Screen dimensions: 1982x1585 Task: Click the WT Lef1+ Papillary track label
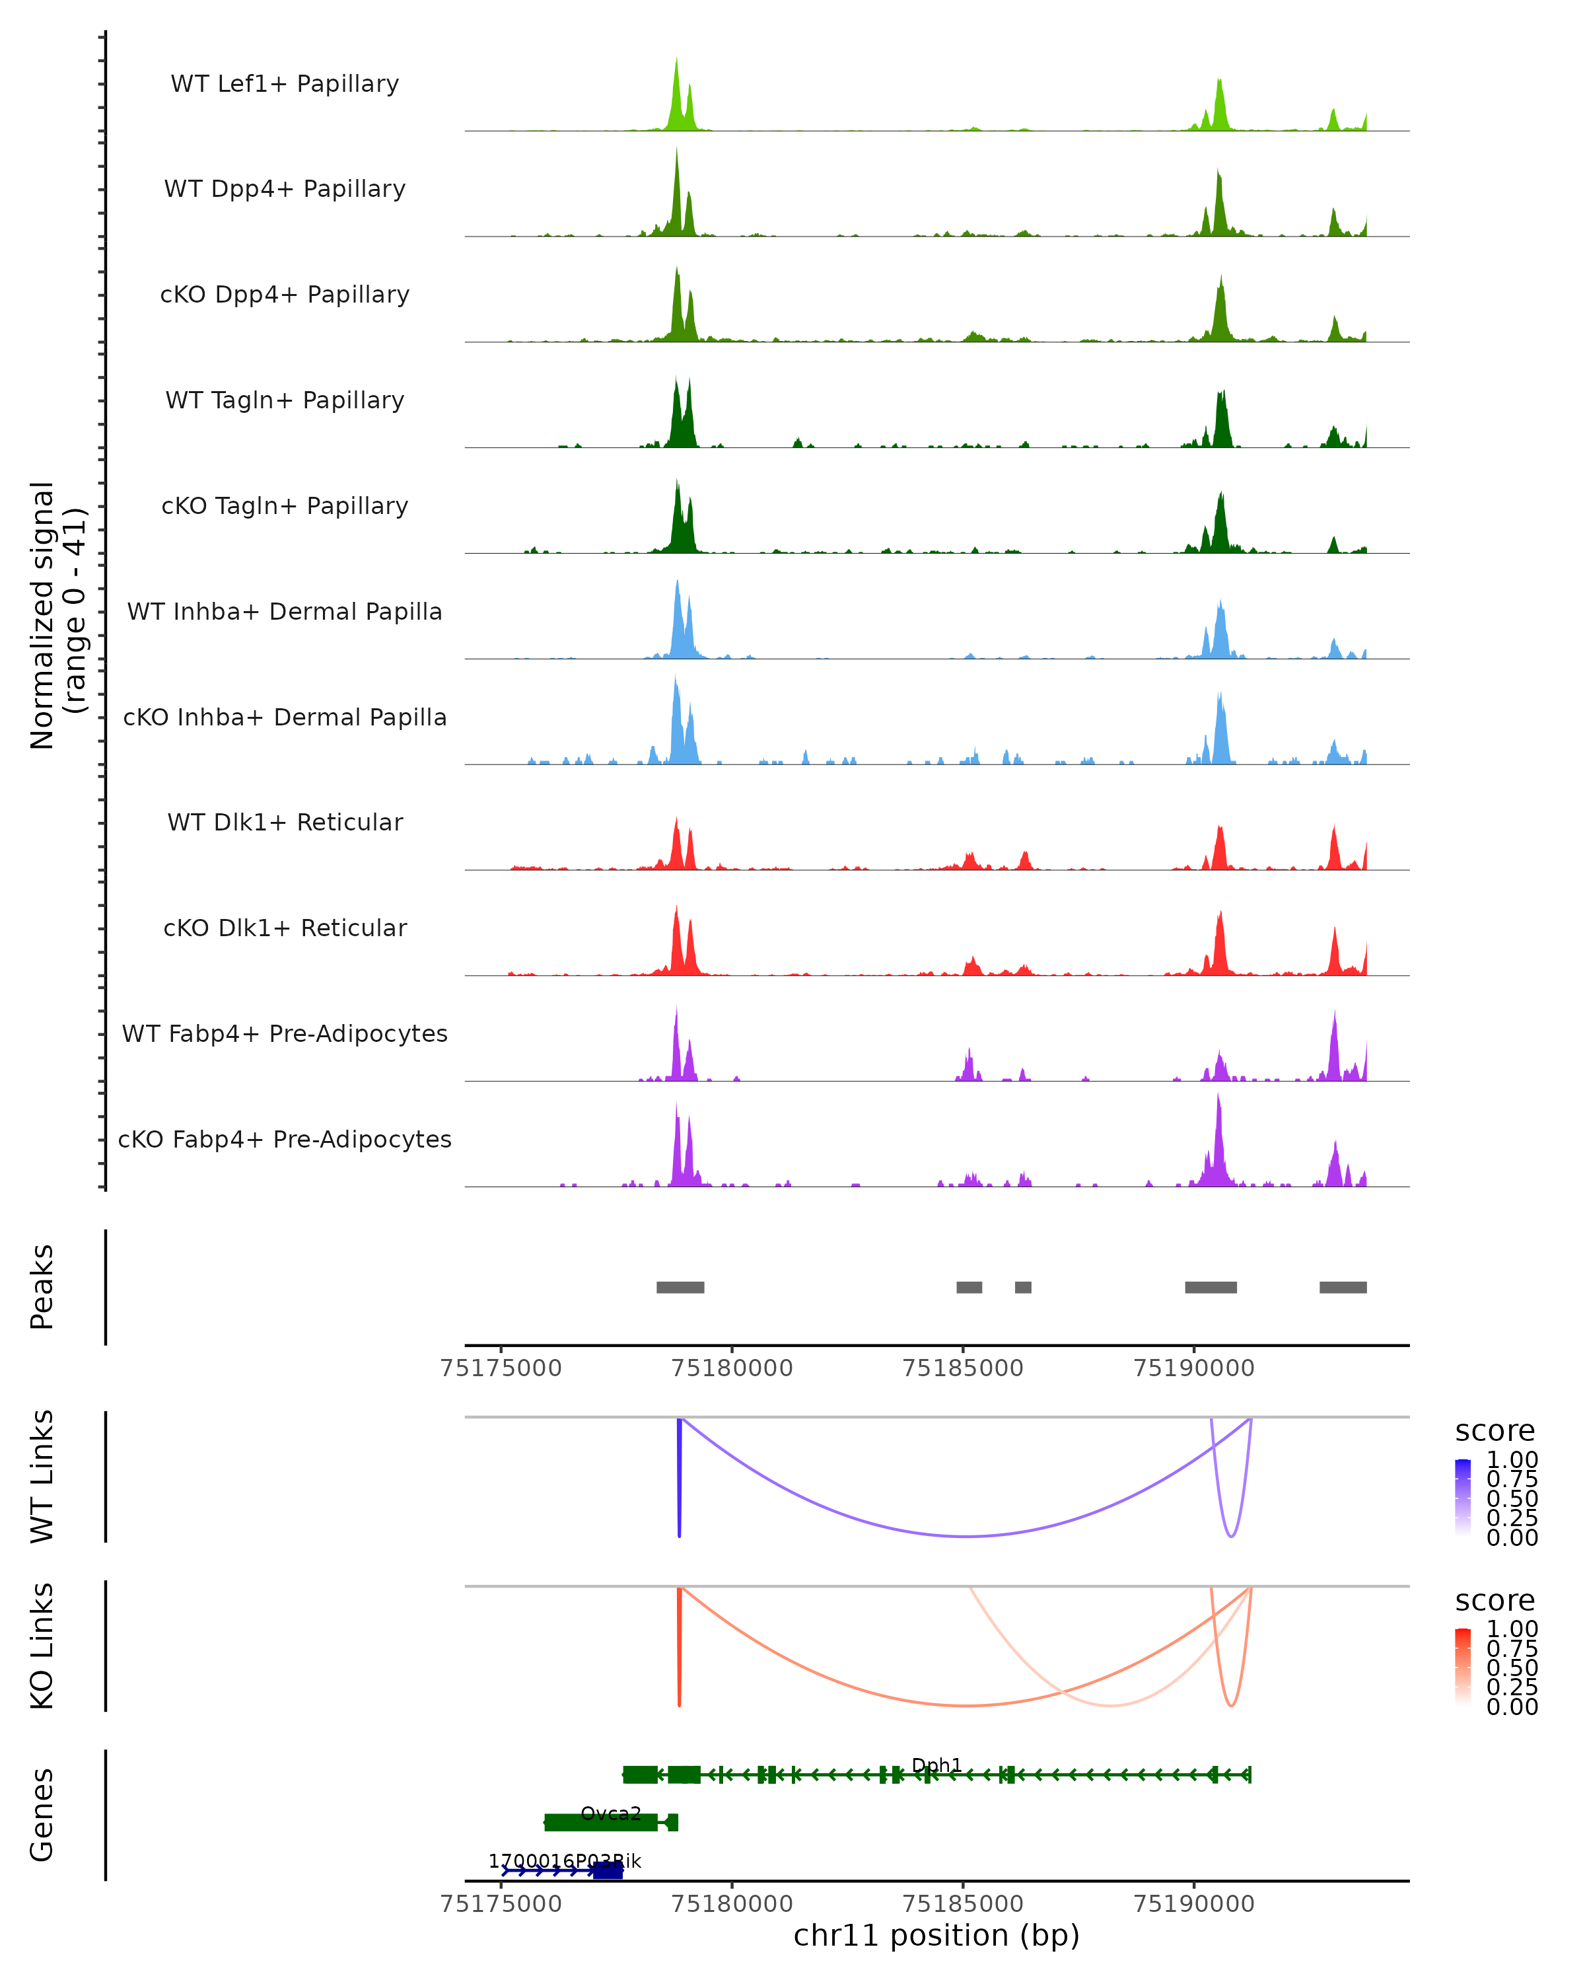pos(285,84)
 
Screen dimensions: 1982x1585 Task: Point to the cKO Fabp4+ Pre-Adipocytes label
pos(285,1139)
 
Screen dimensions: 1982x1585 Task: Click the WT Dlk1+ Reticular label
pos(285,822)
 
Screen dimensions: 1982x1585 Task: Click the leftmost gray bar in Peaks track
pos(680,1287)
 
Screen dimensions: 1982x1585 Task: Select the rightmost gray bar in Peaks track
pos(1343,1287)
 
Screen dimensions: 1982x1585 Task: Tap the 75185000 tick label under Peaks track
pos(963,1368)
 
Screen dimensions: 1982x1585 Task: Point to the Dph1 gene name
pos(936,1765)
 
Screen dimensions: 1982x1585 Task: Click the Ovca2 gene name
pos(610,1814)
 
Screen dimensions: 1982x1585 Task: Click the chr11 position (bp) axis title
pos(936,1936)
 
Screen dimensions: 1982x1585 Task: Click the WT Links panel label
pos(42,1477)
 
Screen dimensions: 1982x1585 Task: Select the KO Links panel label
pos(42,1646)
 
